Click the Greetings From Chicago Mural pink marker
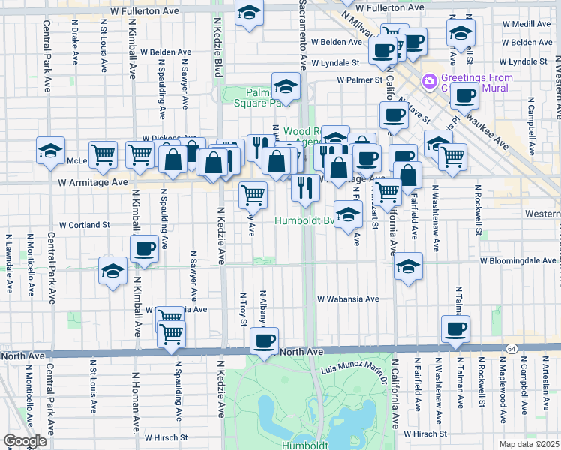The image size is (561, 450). (x=430, y=79)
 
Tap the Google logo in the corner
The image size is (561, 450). (x=25, y=441)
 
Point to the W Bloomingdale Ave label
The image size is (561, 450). (x=517, y=260)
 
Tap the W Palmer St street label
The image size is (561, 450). (x=359, y=79)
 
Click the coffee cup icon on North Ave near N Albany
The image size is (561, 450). (x=263, y=340)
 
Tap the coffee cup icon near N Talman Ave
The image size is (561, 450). (x=456, y=328)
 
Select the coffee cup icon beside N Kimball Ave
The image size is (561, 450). (x=144, y=247)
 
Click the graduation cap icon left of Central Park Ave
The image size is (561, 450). (x=51, y=150)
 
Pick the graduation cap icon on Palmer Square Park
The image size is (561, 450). (x=286, y=85)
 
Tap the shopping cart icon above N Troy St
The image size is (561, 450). (x=253, y=194)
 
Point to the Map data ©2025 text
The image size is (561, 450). (x=529, y=444)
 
